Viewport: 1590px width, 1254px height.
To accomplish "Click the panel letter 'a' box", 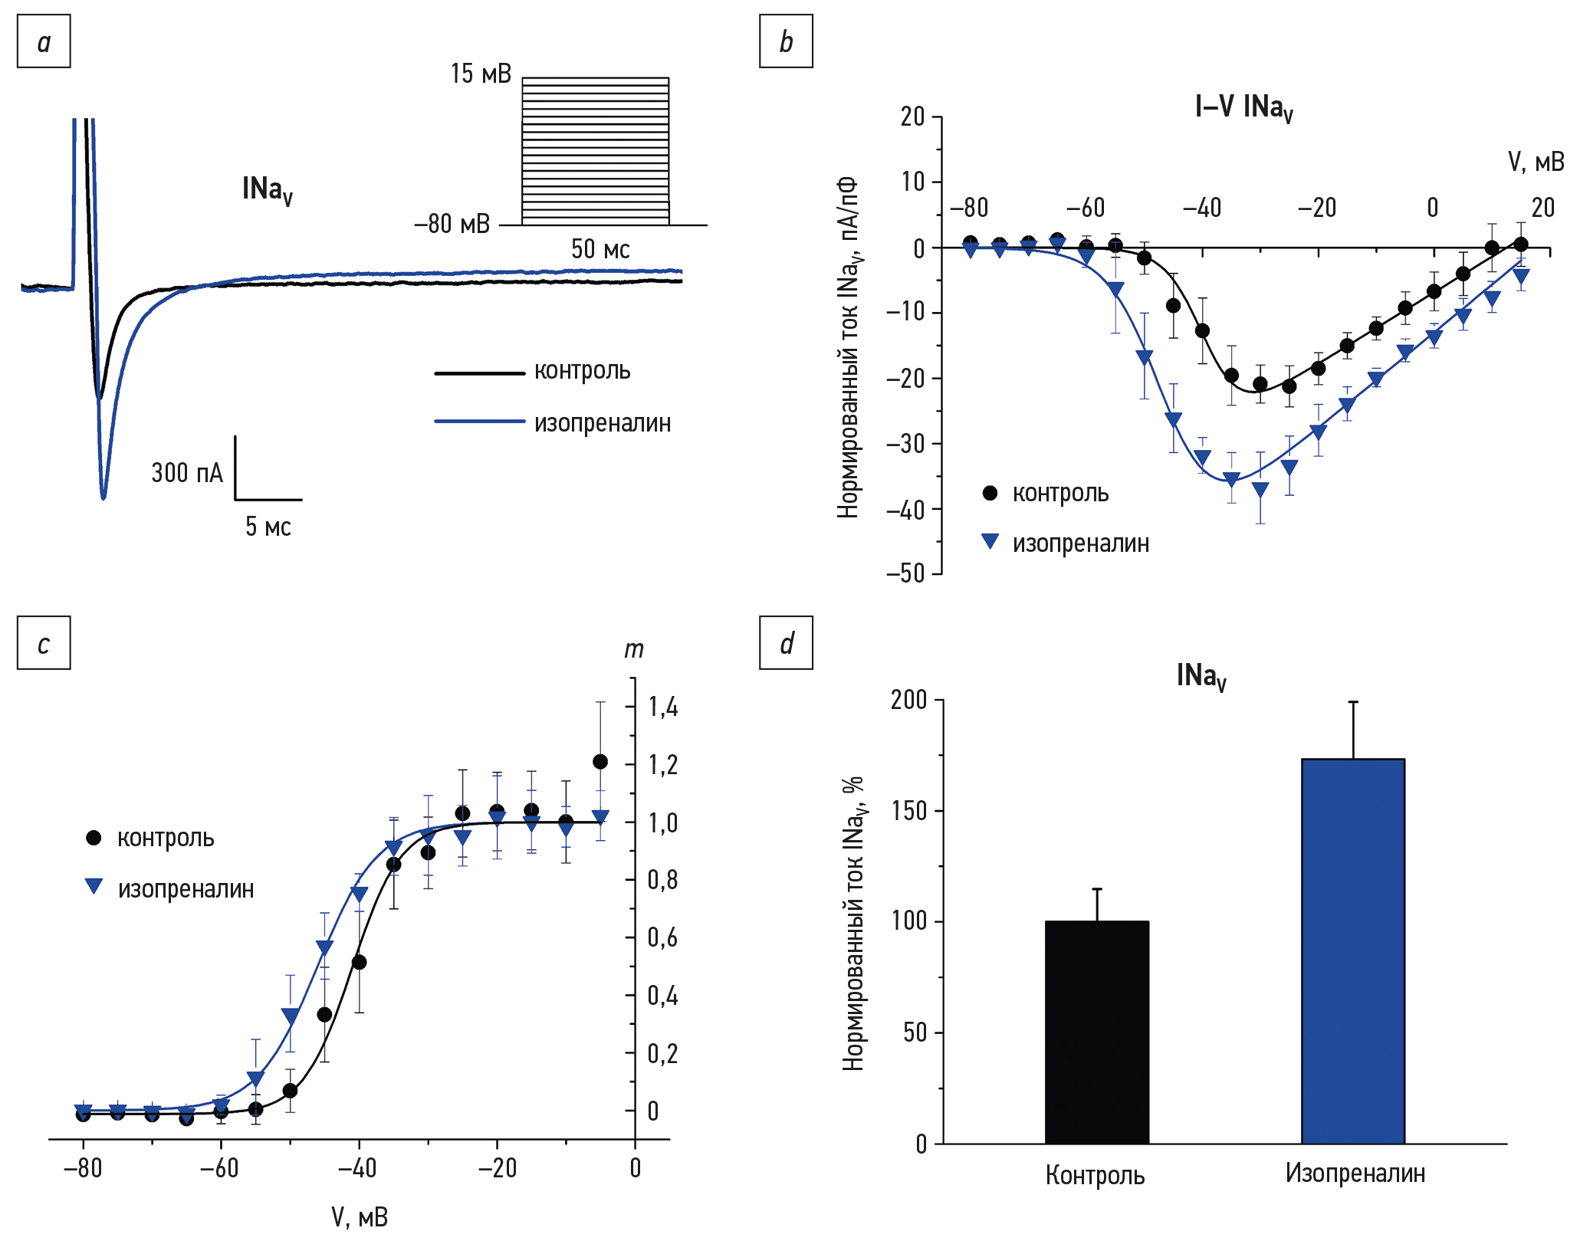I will (44, 41).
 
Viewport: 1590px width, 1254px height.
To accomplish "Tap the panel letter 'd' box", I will (786, 642).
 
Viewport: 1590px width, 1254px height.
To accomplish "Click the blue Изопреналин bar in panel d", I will (1352, 950).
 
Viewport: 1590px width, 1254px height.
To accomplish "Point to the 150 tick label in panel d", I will (909, 810).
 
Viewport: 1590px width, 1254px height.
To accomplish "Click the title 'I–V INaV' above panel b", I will (1243, 107).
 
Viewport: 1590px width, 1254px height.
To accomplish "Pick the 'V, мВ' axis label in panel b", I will (1536, 162).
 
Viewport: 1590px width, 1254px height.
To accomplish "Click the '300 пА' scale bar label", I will (187, 473).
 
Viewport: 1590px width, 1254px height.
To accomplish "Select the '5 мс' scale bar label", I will (268, 527).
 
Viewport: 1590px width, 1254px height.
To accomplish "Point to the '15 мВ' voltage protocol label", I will (481, 74).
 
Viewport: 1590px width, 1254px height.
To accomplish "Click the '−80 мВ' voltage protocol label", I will (452, 224).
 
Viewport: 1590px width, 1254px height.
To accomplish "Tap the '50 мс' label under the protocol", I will (600, 249).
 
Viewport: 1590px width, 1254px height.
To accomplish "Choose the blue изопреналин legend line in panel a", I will (479, 422).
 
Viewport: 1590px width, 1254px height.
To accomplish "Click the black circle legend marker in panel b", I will (990, 493).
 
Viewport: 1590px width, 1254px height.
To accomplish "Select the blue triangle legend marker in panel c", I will (94, 887).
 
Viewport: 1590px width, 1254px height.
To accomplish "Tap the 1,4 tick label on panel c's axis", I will (662, 706).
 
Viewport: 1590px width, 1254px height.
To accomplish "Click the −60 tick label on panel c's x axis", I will (219, 1168).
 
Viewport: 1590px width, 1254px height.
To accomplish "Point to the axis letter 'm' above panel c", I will (633, 650).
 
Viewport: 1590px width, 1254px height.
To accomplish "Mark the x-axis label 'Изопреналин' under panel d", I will (1355, 1173).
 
